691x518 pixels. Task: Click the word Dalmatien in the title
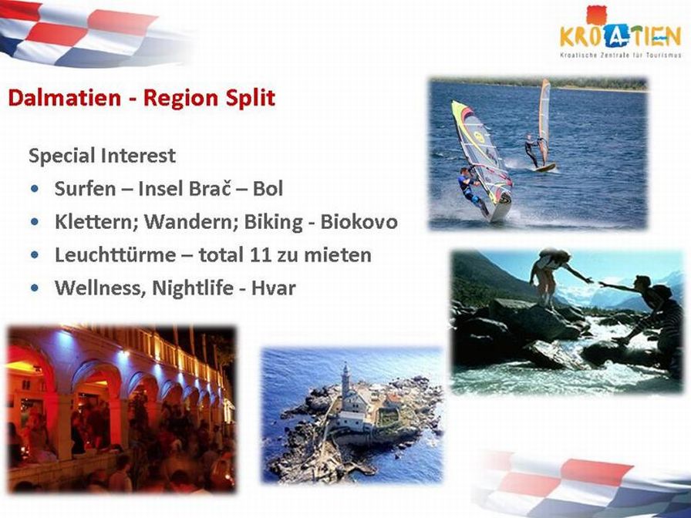click(64, 97)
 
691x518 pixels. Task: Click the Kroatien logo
click(621, 32)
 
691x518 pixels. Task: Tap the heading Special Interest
click(103, 156)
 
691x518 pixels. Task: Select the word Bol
click(268, 189)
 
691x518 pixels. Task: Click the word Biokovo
click(359, 221)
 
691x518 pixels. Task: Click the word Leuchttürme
click(115, 255)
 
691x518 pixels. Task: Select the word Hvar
click(273, 288)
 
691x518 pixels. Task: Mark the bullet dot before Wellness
click(35, 288)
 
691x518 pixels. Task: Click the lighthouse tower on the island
click(346, 381)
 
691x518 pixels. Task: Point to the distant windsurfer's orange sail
click(544, 119)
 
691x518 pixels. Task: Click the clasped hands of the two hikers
click(595, 281)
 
